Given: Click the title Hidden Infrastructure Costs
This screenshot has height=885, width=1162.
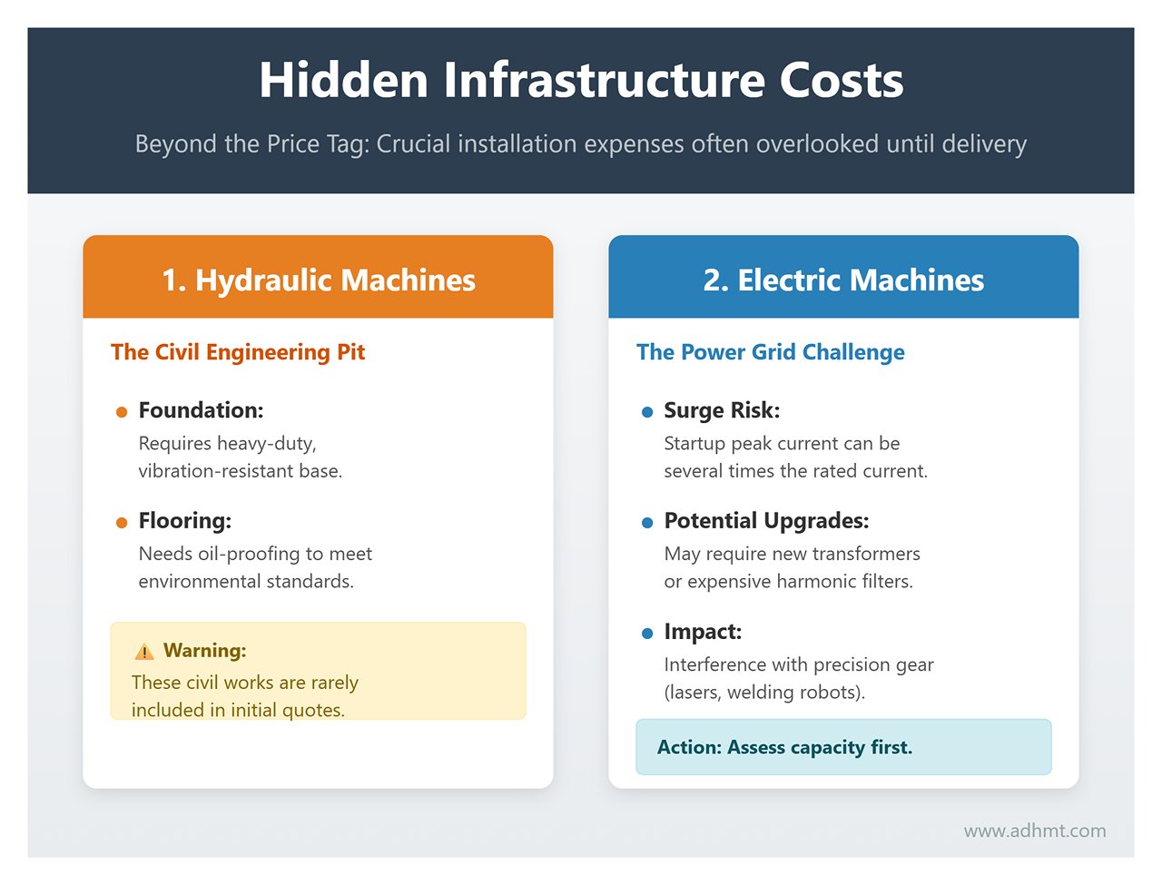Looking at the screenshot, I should [581, 81].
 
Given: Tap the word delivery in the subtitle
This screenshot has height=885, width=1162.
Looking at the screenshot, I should [983, 144].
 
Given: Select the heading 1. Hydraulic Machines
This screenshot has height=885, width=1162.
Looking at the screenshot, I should [318, 280].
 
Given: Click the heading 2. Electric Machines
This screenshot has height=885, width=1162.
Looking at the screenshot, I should [843, 280].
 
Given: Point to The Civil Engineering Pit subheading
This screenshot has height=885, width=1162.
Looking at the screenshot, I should [238, 352].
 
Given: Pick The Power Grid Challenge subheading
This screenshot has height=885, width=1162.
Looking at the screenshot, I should [771, 352].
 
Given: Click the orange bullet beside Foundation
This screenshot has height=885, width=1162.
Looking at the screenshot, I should [122, 412].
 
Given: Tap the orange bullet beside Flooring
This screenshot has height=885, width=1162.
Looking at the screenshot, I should [122, 523].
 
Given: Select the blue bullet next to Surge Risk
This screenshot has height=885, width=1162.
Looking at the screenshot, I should [647, 412].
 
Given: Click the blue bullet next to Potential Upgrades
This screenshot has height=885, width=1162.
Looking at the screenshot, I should [647, 523].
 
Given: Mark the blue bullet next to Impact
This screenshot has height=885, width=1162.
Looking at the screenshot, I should [647, 634].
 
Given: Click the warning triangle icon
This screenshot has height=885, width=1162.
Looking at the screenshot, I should [143, 652].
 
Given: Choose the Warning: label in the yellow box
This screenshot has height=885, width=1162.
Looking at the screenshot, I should [205, 651].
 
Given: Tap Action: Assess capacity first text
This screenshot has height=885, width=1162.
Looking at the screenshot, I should [784, 747].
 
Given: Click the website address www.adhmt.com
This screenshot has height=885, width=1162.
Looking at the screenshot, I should [1035, 831].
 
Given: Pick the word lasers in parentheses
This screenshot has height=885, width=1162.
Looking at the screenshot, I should [696, 692].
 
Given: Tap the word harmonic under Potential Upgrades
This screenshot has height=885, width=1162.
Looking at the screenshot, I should [814, 581].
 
